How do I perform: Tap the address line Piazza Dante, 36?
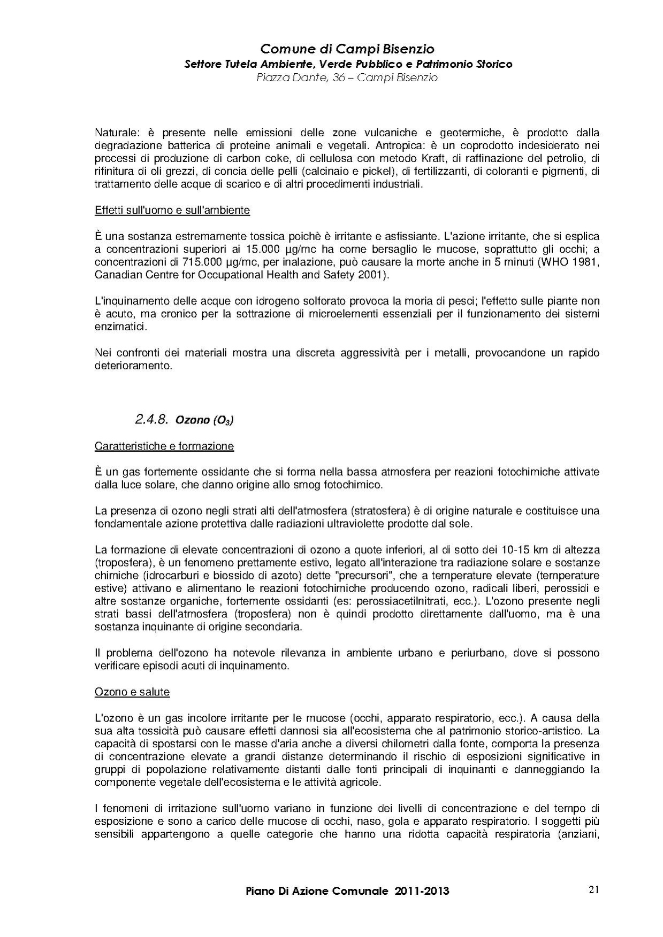[x=347, y=78]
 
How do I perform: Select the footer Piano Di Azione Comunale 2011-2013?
[x=347, y=891]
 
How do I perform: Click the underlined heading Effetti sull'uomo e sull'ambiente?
[x=172, y=210]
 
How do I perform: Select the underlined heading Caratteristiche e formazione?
[x=164, y=446]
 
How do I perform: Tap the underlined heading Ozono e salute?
[x=132, y=692]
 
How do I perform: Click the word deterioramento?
[x=133, y=366]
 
